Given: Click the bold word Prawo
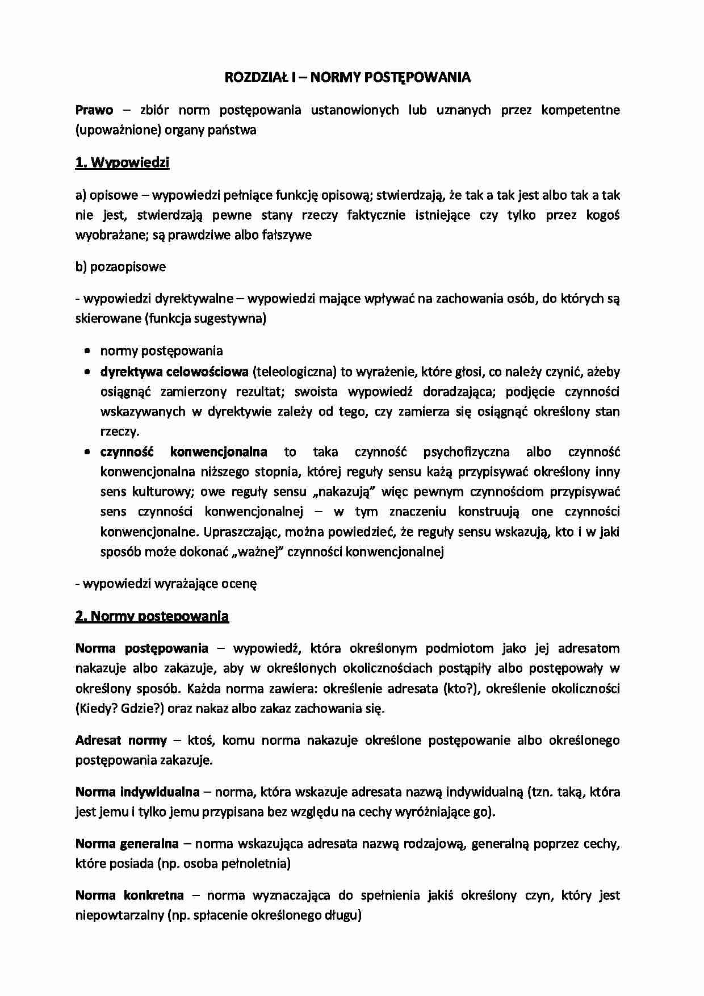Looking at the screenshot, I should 94,110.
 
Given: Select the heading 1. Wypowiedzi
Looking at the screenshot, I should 122,163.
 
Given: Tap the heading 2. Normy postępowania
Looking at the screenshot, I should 152,617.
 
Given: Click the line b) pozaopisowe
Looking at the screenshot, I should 120,267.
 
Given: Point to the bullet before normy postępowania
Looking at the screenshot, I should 87,351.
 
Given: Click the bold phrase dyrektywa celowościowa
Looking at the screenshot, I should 174,372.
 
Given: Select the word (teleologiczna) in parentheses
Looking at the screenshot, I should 295,372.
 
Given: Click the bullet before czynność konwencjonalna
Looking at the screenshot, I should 87,453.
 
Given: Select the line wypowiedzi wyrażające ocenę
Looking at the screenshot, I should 169,584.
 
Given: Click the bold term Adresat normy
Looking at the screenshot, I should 121,740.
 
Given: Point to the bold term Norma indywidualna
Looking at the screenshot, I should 137,792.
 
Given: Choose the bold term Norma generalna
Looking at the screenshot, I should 127,844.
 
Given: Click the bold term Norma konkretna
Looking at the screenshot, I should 129,895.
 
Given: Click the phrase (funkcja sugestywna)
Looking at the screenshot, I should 206,319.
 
